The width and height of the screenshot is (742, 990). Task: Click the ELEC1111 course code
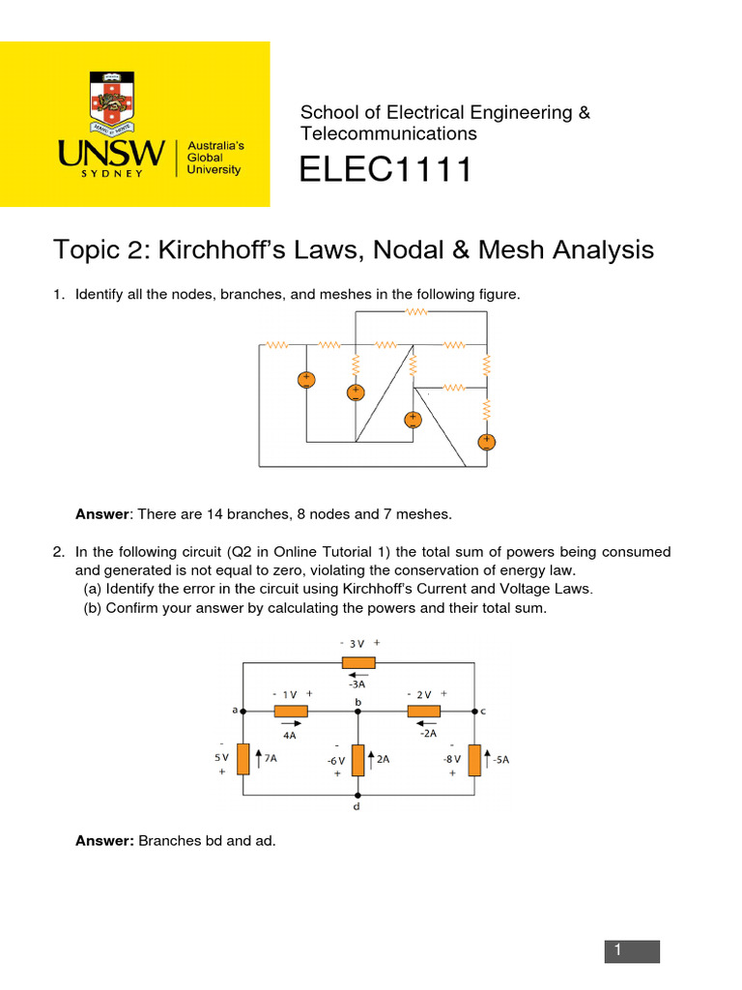click(385, 170)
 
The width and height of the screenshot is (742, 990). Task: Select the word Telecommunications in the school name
click(388, 133)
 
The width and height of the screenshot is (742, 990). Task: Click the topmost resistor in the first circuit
click(416, 311)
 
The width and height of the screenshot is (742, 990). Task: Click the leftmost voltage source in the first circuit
click(305, 380)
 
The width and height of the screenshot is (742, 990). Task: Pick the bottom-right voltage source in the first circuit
click(486, 442)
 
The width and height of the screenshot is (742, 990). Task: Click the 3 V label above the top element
click(358, 643)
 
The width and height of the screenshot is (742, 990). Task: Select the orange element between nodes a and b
click(291, 712)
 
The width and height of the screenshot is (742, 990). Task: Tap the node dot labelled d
click(358, 796)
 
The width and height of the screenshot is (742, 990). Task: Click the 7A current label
click(271, 760)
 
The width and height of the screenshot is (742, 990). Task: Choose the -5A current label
click(499, 760)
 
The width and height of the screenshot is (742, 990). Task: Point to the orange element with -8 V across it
click(475, 760)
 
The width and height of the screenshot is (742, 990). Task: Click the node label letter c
click(483, 711)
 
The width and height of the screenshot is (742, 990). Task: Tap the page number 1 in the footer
click(633, 951)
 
